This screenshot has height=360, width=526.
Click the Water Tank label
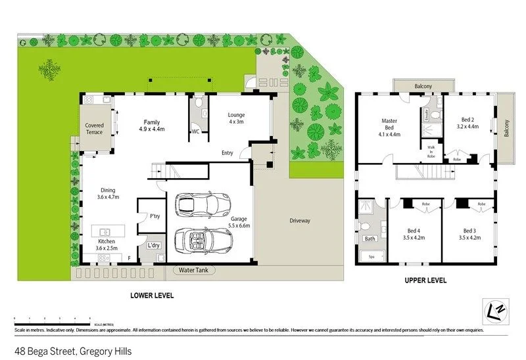tap(193, 270)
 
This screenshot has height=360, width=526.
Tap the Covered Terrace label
tap(94, 129)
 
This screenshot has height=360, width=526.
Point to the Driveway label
tap(299, 221)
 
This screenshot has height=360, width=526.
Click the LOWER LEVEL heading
tap(152, 296)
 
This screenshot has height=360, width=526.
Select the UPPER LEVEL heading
tap(425, 281)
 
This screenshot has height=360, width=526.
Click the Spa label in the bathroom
tap(371, 256)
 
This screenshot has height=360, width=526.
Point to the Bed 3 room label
tap(469, 234)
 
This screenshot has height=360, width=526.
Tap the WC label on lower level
tap(195, 131)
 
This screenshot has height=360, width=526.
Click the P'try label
tap(155, 216)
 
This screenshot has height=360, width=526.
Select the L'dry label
tap(154, 246)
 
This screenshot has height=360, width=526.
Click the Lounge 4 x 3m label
tap(236, 118)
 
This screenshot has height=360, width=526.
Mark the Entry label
tap(227, 153)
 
